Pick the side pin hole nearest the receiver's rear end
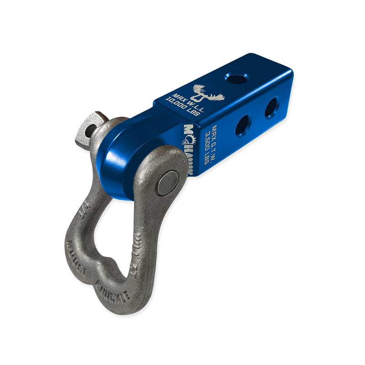270,106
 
